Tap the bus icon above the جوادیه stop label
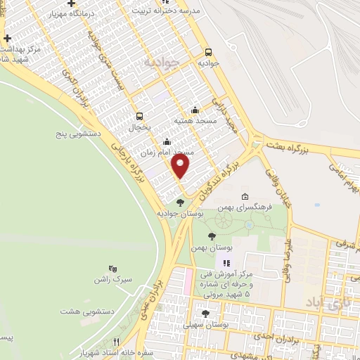click(208, 52)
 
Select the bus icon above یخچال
click(139, 116)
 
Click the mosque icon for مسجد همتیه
click(195, 110)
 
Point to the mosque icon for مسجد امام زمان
click(167, 141)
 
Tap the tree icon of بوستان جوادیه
click(180, 202)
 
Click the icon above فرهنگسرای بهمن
click(244, 197)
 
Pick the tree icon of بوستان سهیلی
click(205, 314)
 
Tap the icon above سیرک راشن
click(112, 268)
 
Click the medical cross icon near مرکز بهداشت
click(7, 39)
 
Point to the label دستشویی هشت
click(83, 311)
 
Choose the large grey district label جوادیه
click(163, 62)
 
